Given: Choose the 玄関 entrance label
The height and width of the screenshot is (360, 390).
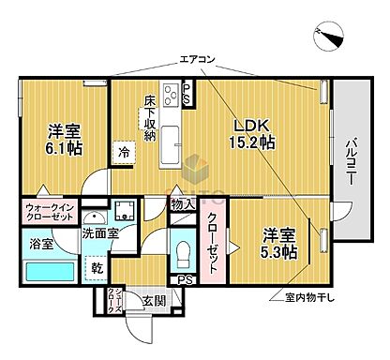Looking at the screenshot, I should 154,301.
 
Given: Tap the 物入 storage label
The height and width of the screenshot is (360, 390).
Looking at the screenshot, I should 183,205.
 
